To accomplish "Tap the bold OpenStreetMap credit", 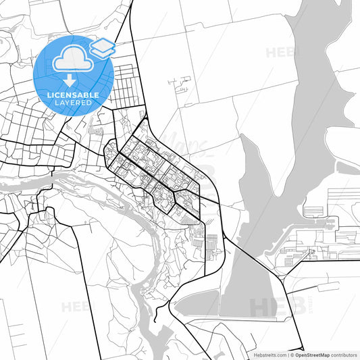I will coord(317,355).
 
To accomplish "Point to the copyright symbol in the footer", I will coord(292,355).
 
